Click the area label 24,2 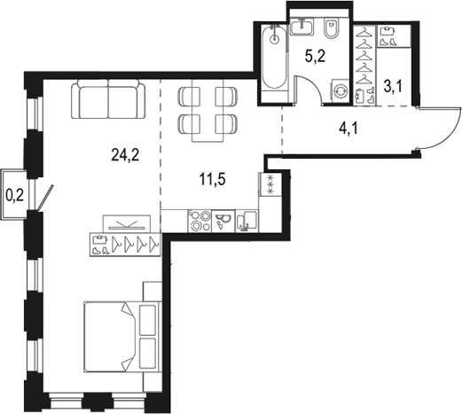(x=125, y=155)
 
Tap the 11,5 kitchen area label (x=213, y=179)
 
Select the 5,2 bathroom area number (x=315, y=56)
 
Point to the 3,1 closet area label (x=393, y=87)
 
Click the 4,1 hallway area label (x=348, y=129)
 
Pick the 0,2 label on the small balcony (x=15, y=195)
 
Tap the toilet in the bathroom (x=332, y=28)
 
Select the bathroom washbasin (x=301, y=27)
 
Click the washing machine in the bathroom (x=341, y=90)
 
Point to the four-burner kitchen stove (x=200, y=221)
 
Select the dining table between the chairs (x=208, y=111)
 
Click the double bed (x=123, y=337)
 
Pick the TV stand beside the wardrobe (x=127, y=223)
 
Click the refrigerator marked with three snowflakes (x=270, y=184)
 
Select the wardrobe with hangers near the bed (x=125, y=244)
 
